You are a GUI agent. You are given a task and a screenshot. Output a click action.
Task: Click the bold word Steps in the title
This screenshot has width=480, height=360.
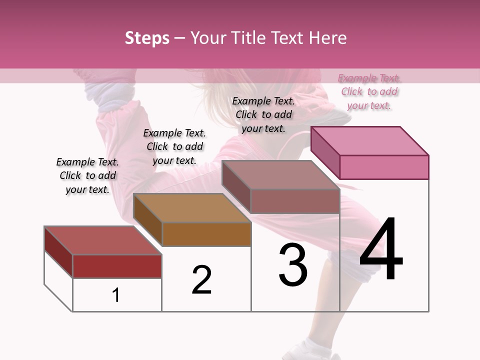[147, 38]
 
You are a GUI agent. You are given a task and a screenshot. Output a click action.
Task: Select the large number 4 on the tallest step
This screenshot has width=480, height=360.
[381, 250]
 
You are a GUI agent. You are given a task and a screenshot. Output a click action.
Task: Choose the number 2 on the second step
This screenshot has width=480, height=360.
[201, 280]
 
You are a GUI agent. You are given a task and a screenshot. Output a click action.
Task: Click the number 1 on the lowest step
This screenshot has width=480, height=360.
[116, 295]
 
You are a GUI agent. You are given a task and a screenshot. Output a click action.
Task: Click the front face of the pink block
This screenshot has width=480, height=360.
[384, 167]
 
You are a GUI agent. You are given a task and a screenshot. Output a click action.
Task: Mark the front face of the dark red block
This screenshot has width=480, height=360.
[117, 266]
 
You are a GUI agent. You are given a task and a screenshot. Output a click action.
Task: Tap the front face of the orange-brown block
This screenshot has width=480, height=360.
[206, 234]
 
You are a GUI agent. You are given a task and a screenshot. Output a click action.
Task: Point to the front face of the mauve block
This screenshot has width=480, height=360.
[295, 201]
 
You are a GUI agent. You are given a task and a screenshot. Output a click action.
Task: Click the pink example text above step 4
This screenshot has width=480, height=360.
[369, 92]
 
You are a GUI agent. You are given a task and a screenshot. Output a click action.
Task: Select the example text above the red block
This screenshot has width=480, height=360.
[87, 175]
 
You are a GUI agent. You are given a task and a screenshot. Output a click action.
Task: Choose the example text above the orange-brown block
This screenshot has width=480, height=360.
[174, 146]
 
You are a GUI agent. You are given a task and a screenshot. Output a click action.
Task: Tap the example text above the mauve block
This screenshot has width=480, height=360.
[263, 114]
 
